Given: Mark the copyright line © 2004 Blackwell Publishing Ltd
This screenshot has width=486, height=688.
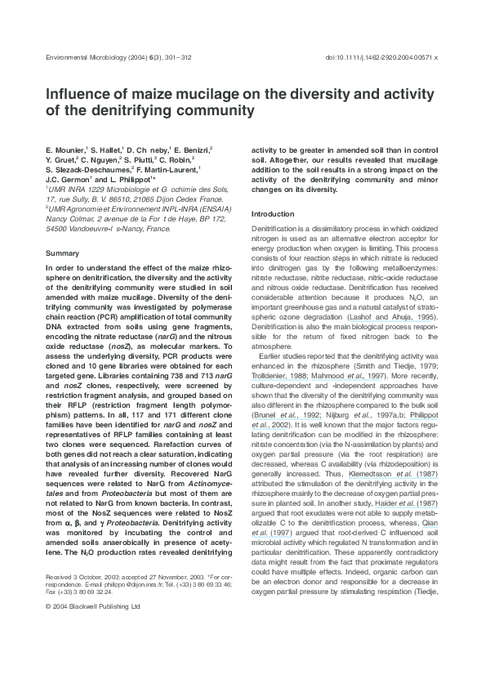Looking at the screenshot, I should (93, 606).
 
